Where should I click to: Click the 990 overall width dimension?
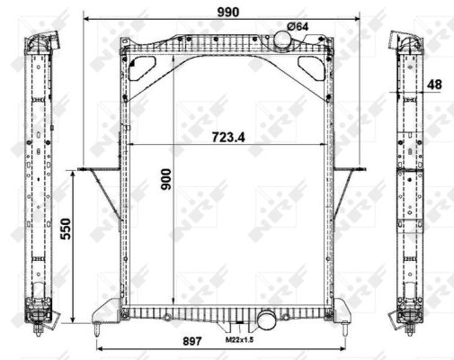pos(228,12)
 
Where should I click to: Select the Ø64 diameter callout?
pos(298,26)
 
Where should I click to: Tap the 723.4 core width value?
pos(228,137)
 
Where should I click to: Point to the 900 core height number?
pos(166,179)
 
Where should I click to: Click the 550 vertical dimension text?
pos(66,229)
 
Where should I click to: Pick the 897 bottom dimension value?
pos(191,341)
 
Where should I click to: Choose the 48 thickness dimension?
pos(434,85)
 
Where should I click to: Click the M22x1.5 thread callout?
pos(239,339)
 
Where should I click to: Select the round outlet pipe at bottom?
pos(266,319)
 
